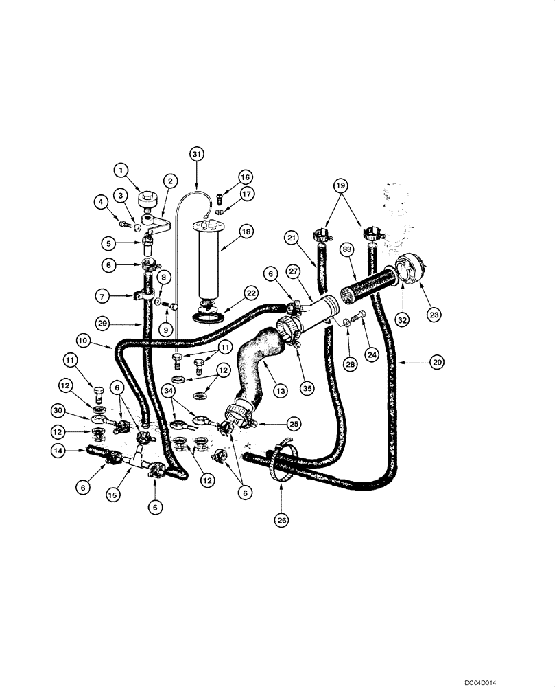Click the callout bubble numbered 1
pos(121,169)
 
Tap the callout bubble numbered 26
pos(281,521)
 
